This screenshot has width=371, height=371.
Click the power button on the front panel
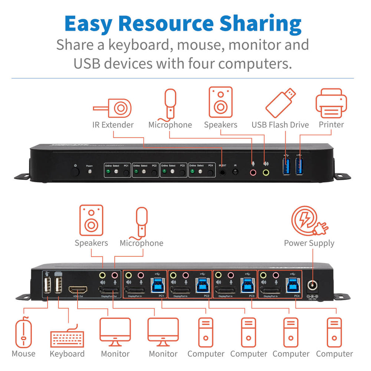tap(76, 172)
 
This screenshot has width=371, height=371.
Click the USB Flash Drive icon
tap(281, 103)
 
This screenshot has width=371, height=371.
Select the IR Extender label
tap(113, 125)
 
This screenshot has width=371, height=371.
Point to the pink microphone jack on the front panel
tap(253, 172)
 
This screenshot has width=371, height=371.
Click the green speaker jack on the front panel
tap(266, 172)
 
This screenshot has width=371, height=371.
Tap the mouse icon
tap(24, 332)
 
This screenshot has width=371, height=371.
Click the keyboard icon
tap(67, 335)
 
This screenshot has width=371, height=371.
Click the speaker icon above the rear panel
tap(91, 221)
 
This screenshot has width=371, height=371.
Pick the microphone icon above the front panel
tap(170, 103)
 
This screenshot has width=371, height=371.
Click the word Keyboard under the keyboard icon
tap(67, 354)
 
